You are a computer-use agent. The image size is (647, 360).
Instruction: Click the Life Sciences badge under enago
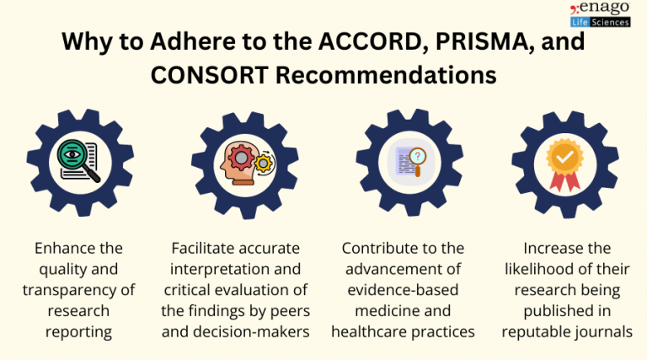click(600, 22)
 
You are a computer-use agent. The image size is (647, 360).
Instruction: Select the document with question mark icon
click(403, 161)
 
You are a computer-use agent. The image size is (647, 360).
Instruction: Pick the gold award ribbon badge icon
click(565, 161)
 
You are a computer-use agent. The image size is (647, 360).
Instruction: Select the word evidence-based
click(403, 291)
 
